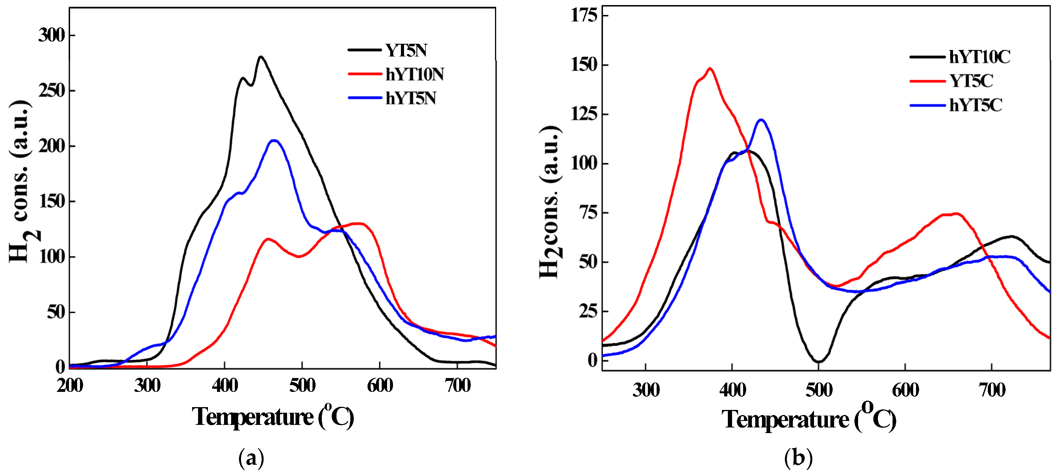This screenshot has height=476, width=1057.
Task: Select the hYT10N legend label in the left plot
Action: [414, 75]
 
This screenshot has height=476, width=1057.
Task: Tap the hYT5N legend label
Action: [410, 99]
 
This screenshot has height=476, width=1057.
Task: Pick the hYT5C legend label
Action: [975, 105]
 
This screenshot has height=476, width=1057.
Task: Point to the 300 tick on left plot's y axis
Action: [52, 36]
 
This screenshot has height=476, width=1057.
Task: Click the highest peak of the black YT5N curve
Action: [261, 57]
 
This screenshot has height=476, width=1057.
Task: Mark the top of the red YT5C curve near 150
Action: [710, 69]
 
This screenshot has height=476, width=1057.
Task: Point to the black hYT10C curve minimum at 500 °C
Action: [818, 362]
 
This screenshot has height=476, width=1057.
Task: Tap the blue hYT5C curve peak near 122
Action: [761, 120]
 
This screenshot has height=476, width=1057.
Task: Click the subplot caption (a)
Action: [251, 458]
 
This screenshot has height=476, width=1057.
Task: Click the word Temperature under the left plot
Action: [252, 417]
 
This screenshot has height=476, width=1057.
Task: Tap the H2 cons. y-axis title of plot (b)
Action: [550, 203]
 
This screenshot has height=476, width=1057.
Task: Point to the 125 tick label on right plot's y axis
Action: [584, 114]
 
